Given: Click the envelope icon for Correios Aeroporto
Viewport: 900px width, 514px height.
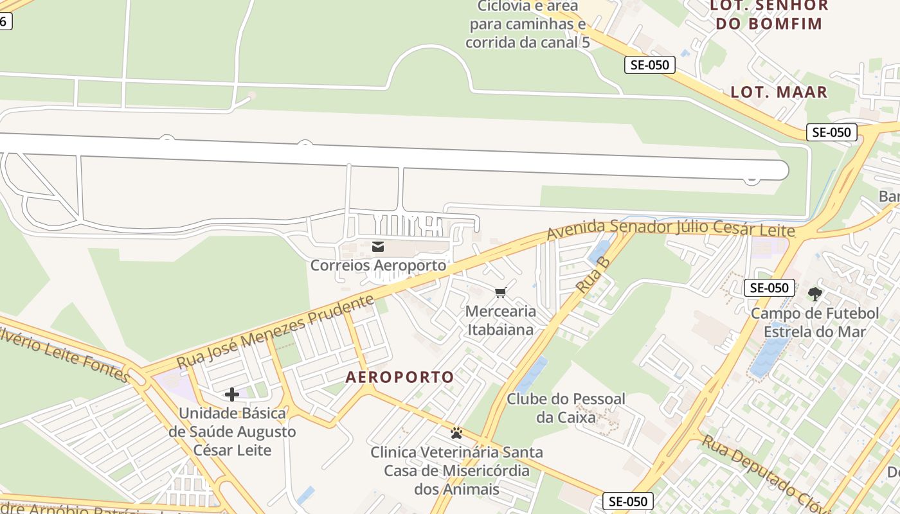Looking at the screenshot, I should pos(378,246).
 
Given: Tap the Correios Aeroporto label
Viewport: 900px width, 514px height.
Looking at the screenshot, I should pos(378,265).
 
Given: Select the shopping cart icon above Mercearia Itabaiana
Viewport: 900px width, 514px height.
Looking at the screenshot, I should pos(501,293).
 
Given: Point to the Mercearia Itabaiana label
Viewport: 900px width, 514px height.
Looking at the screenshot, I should pos(501,321).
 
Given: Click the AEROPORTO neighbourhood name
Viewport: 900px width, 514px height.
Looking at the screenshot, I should pos(400,377).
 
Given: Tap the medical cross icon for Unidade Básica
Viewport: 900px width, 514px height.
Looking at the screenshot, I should pos(232,394).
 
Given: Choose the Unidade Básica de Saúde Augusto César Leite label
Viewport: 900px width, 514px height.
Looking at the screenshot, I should pos(232,432).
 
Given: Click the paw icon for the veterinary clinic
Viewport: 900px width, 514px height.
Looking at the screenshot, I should pos(456,433).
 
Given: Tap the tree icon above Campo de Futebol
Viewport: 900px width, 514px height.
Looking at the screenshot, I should pos(815,294).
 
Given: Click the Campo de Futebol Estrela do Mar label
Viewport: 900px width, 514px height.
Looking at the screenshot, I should pos(815,323).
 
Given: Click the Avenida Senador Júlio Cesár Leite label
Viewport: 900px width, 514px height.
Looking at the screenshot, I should pos(670,229).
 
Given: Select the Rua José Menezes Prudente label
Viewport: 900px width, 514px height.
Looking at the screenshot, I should pos(275,332).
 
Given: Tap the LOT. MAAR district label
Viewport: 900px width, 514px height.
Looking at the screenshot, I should pos(779,92).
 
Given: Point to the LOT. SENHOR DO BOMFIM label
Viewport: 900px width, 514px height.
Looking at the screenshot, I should pos(768,15).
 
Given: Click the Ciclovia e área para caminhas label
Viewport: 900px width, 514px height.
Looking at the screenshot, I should pos(527,24).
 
